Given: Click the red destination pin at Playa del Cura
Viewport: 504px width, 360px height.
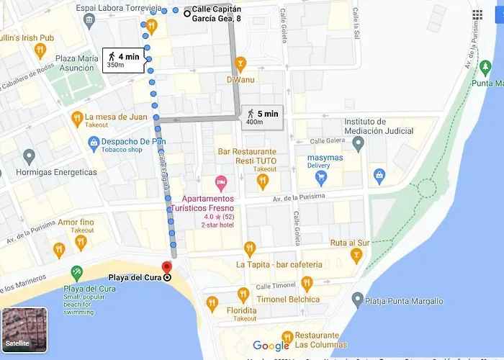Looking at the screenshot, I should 167,267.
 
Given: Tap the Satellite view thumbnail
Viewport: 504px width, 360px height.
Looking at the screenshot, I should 24,330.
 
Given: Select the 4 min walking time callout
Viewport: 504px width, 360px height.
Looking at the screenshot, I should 123,60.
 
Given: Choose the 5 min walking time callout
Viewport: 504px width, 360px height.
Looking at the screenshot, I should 262,117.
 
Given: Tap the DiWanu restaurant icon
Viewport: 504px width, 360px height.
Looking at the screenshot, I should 240,62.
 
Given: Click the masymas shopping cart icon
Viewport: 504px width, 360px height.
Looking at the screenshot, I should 321,174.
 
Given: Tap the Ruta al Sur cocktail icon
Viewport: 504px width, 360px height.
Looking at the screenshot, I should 356,256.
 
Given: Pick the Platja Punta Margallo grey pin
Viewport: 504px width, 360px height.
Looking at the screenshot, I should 357,299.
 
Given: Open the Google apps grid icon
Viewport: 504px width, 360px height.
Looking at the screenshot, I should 477,14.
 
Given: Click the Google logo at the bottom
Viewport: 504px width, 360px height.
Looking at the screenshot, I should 271,346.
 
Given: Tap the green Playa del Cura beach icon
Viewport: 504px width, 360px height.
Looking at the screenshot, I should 77,272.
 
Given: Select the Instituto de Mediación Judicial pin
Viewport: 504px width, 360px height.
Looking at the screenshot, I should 359,142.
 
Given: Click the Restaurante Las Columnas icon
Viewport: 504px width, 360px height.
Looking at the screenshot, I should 287,336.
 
